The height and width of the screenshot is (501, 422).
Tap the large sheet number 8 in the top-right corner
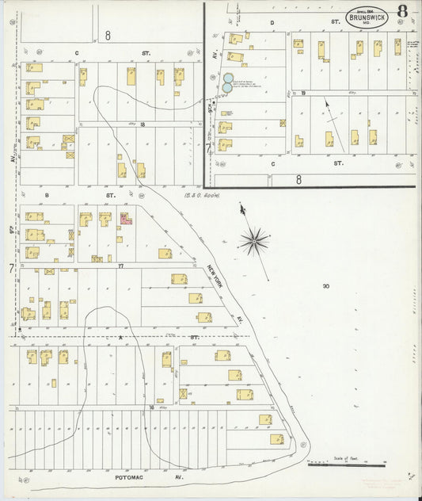(x=404, y=11)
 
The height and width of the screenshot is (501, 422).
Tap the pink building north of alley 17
(x=125, y=217)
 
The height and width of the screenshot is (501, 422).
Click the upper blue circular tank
(x=227, y=79)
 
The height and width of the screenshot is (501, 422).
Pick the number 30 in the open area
(x=325, y=285)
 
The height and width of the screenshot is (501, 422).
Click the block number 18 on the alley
(x=143, y=124)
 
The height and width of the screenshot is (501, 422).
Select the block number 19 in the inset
(x=303, y=93)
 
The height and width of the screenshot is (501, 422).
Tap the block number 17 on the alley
(x=120, y=266)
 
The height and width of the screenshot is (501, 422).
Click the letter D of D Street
(x=272, y=23)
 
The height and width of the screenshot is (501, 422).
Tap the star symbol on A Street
(x=120, y=337)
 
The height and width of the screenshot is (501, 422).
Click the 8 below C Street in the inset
(x=298, y=180)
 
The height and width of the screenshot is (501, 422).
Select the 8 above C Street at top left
(x=107, y=35)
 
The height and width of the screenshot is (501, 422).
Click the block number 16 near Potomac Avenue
(x=151, y=407)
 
